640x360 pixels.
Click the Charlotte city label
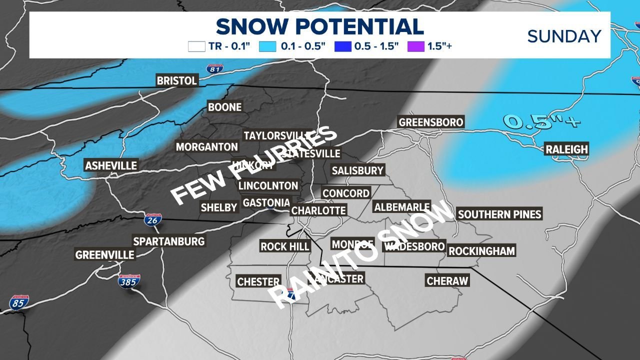click(x=318, y=210)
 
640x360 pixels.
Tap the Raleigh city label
click(x=566, y=149)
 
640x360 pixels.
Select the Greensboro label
click(x=430, y=122)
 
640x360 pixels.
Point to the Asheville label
click(x=111, y=166)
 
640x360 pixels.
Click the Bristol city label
click(x=177, y=80)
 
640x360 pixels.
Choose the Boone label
click(x=224, y=107)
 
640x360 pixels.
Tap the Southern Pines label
click(x=499, y=214)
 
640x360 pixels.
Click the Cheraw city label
click(x=447, y=281)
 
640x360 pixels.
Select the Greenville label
click(x=105, y=255)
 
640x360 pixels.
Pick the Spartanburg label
click(x=169, y=241)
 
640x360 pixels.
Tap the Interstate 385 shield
click(x=129, y=281)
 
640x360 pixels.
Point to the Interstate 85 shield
click(x=18, y=302)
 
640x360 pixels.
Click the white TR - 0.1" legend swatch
click(x=196, y=47)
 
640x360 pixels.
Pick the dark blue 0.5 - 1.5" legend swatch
click(x=342, y=47)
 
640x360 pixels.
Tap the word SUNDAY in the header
click(x=564, y=36)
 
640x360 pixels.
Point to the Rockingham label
click(x=481, y=251)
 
